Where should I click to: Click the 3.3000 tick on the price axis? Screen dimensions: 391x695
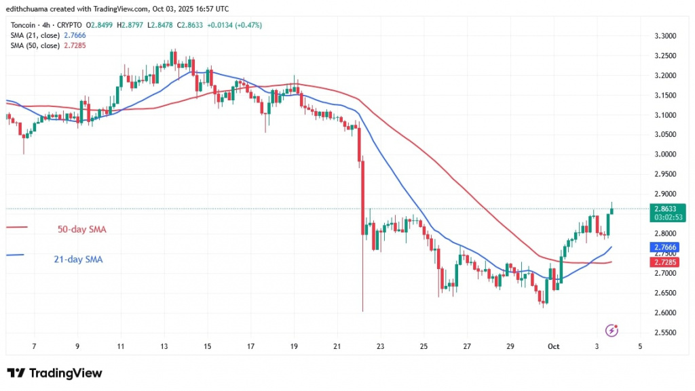665,36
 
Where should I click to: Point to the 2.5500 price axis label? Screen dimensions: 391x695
665,333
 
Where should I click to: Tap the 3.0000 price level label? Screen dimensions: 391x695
665,155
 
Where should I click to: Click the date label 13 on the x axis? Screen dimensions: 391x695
164,346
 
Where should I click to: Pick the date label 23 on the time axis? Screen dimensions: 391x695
380,346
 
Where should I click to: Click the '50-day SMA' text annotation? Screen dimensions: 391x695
81,230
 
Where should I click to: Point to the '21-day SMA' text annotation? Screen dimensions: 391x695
79,259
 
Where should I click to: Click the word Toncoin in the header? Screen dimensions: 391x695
23,25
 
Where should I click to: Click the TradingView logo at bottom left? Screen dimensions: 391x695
54,373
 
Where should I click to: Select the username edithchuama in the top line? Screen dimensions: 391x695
31,9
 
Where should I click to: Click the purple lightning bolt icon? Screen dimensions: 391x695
612,331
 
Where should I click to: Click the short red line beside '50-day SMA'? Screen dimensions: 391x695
16,227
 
